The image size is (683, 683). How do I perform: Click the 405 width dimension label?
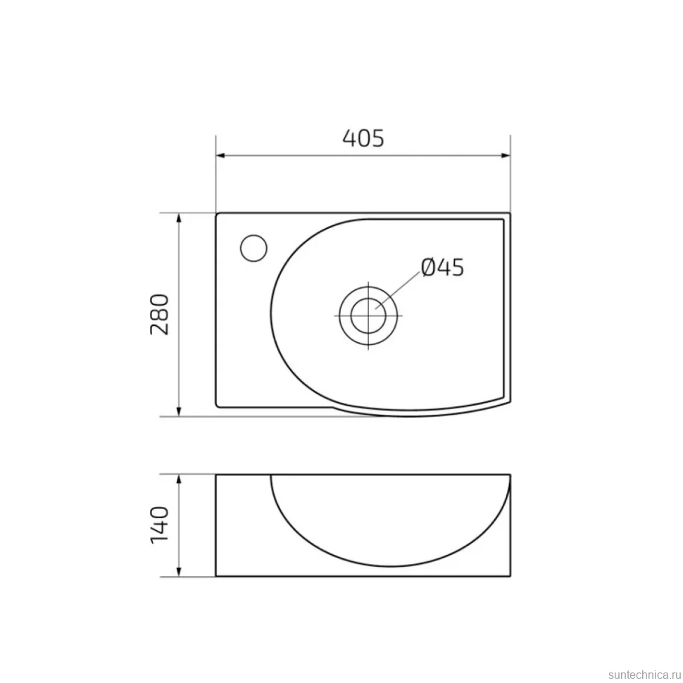[363, 138]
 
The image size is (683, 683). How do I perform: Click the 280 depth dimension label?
[159, 314]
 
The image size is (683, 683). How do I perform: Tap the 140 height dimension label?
[159, 525]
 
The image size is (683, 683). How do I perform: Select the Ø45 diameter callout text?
[443, 267]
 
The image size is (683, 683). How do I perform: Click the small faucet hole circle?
[253, 248]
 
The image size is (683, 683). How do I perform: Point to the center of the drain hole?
[368, 315]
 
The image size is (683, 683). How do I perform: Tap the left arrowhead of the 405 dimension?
[220, 156]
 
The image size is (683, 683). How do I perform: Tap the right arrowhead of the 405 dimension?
[506, 156]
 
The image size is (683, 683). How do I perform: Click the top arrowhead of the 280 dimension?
[178, 218]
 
